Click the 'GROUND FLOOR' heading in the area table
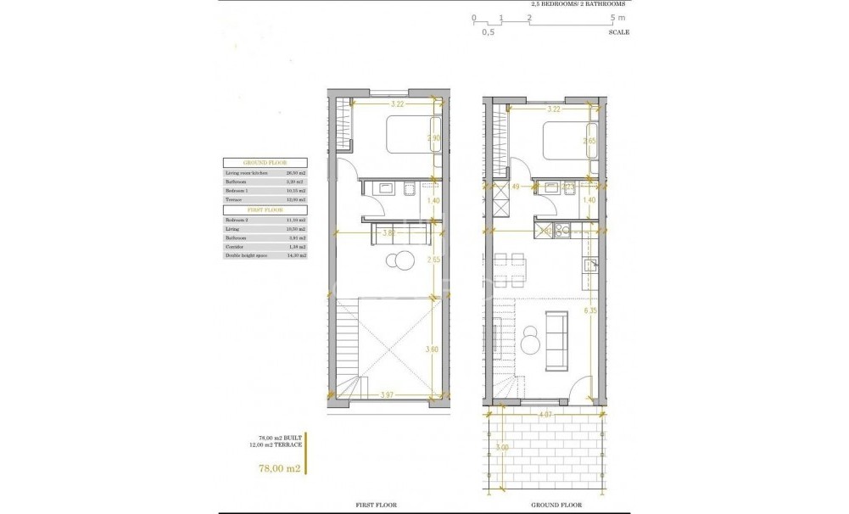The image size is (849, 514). coord(264,161)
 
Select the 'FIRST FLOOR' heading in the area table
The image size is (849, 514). coord(264,209)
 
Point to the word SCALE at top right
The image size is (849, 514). coord(618,32)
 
